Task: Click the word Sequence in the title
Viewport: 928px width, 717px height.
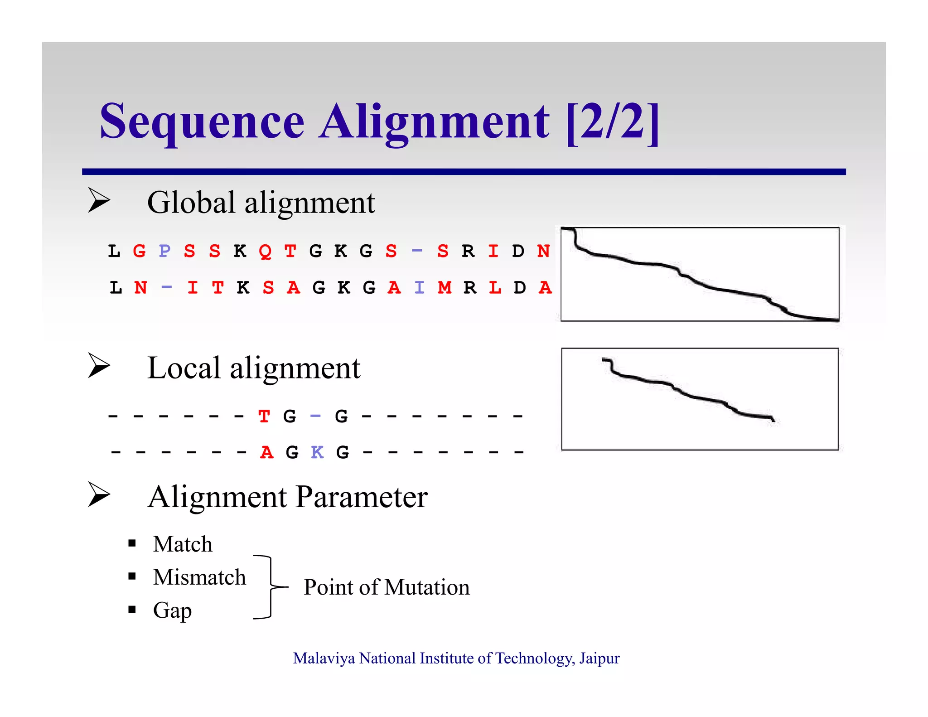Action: click(202, 121)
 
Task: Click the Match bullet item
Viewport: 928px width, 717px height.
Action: click(183, 544)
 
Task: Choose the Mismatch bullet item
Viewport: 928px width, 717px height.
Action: click(199, 577)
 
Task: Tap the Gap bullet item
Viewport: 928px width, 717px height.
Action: click(172, 610)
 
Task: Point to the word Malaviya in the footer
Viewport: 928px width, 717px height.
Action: click(324, 658)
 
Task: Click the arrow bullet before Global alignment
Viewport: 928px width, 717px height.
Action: click(99, 200)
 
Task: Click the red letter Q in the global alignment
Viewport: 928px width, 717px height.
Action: click(265, 251)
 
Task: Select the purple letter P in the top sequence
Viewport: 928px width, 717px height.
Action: click(164, 251)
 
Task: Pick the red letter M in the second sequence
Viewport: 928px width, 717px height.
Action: click(445, 287)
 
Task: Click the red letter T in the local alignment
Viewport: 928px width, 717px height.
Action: click(264, 416)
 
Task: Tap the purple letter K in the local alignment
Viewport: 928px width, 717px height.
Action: click(317, 452)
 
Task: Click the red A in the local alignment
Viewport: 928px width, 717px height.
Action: click(267, 452)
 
